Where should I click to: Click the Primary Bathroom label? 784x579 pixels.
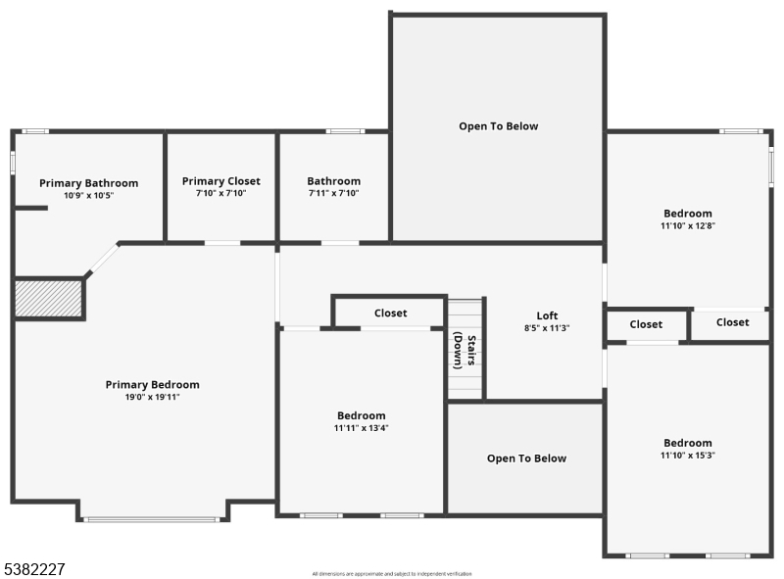88,183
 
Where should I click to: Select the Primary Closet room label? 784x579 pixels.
221,181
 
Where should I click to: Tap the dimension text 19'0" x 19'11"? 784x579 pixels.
152,397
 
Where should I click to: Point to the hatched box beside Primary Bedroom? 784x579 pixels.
48,298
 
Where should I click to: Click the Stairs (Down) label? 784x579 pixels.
465,351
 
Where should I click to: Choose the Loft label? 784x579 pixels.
547,315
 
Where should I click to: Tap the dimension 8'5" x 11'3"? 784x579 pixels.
547,328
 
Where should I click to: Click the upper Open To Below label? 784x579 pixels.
498,126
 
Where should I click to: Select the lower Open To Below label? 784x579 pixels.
526,458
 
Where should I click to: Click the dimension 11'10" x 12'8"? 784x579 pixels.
687,226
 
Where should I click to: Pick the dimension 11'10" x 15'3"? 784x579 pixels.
687,456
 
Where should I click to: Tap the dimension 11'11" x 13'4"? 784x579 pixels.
361,428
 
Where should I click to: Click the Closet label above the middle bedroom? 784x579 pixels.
390,314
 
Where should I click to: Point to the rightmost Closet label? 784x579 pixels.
732,322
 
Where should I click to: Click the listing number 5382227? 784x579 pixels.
34,568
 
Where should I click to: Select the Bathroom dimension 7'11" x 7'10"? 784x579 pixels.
333,194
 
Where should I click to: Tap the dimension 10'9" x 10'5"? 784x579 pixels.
88,196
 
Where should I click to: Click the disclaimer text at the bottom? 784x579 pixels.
391,573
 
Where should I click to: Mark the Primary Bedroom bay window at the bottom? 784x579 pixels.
152,519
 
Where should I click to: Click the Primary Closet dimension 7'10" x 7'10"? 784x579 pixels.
221,194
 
